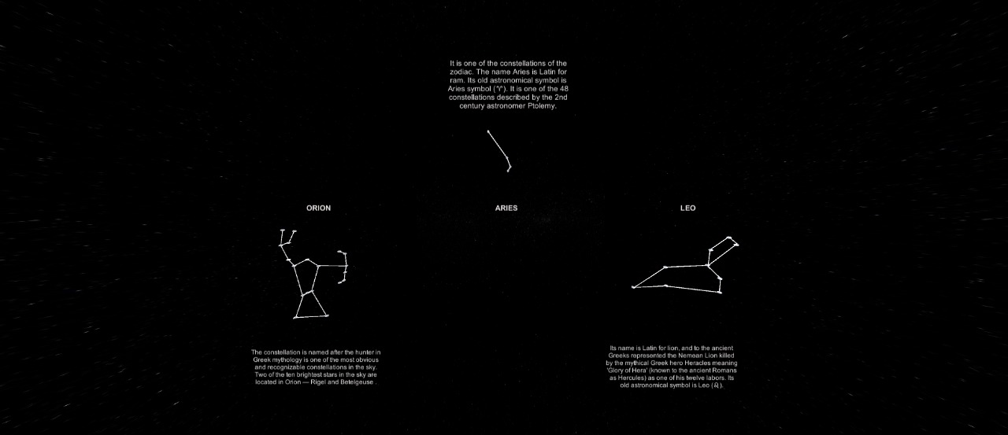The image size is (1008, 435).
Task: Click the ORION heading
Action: click(319, 208)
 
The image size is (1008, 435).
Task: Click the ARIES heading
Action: click(506, 208)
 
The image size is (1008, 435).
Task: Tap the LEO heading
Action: click(687, 208)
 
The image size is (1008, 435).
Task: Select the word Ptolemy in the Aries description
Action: click(541, 106)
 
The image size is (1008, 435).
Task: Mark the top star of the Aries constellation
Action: click(488, 131)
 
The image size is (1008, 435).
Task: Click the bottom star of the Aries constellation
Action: click(509, 170)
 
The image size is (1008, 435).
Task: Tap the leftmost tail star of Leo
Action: click(633, 287)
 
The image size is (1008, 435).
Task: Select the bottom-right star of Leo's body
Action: click(720, 292)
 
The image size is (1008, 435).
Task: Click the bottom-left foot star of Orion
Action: click(295, 318)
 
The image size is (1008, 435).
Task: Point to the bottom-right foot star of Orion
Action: click(326, 315)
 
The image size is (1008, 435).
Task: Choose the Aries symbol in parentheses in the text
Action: click(498, 89)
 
